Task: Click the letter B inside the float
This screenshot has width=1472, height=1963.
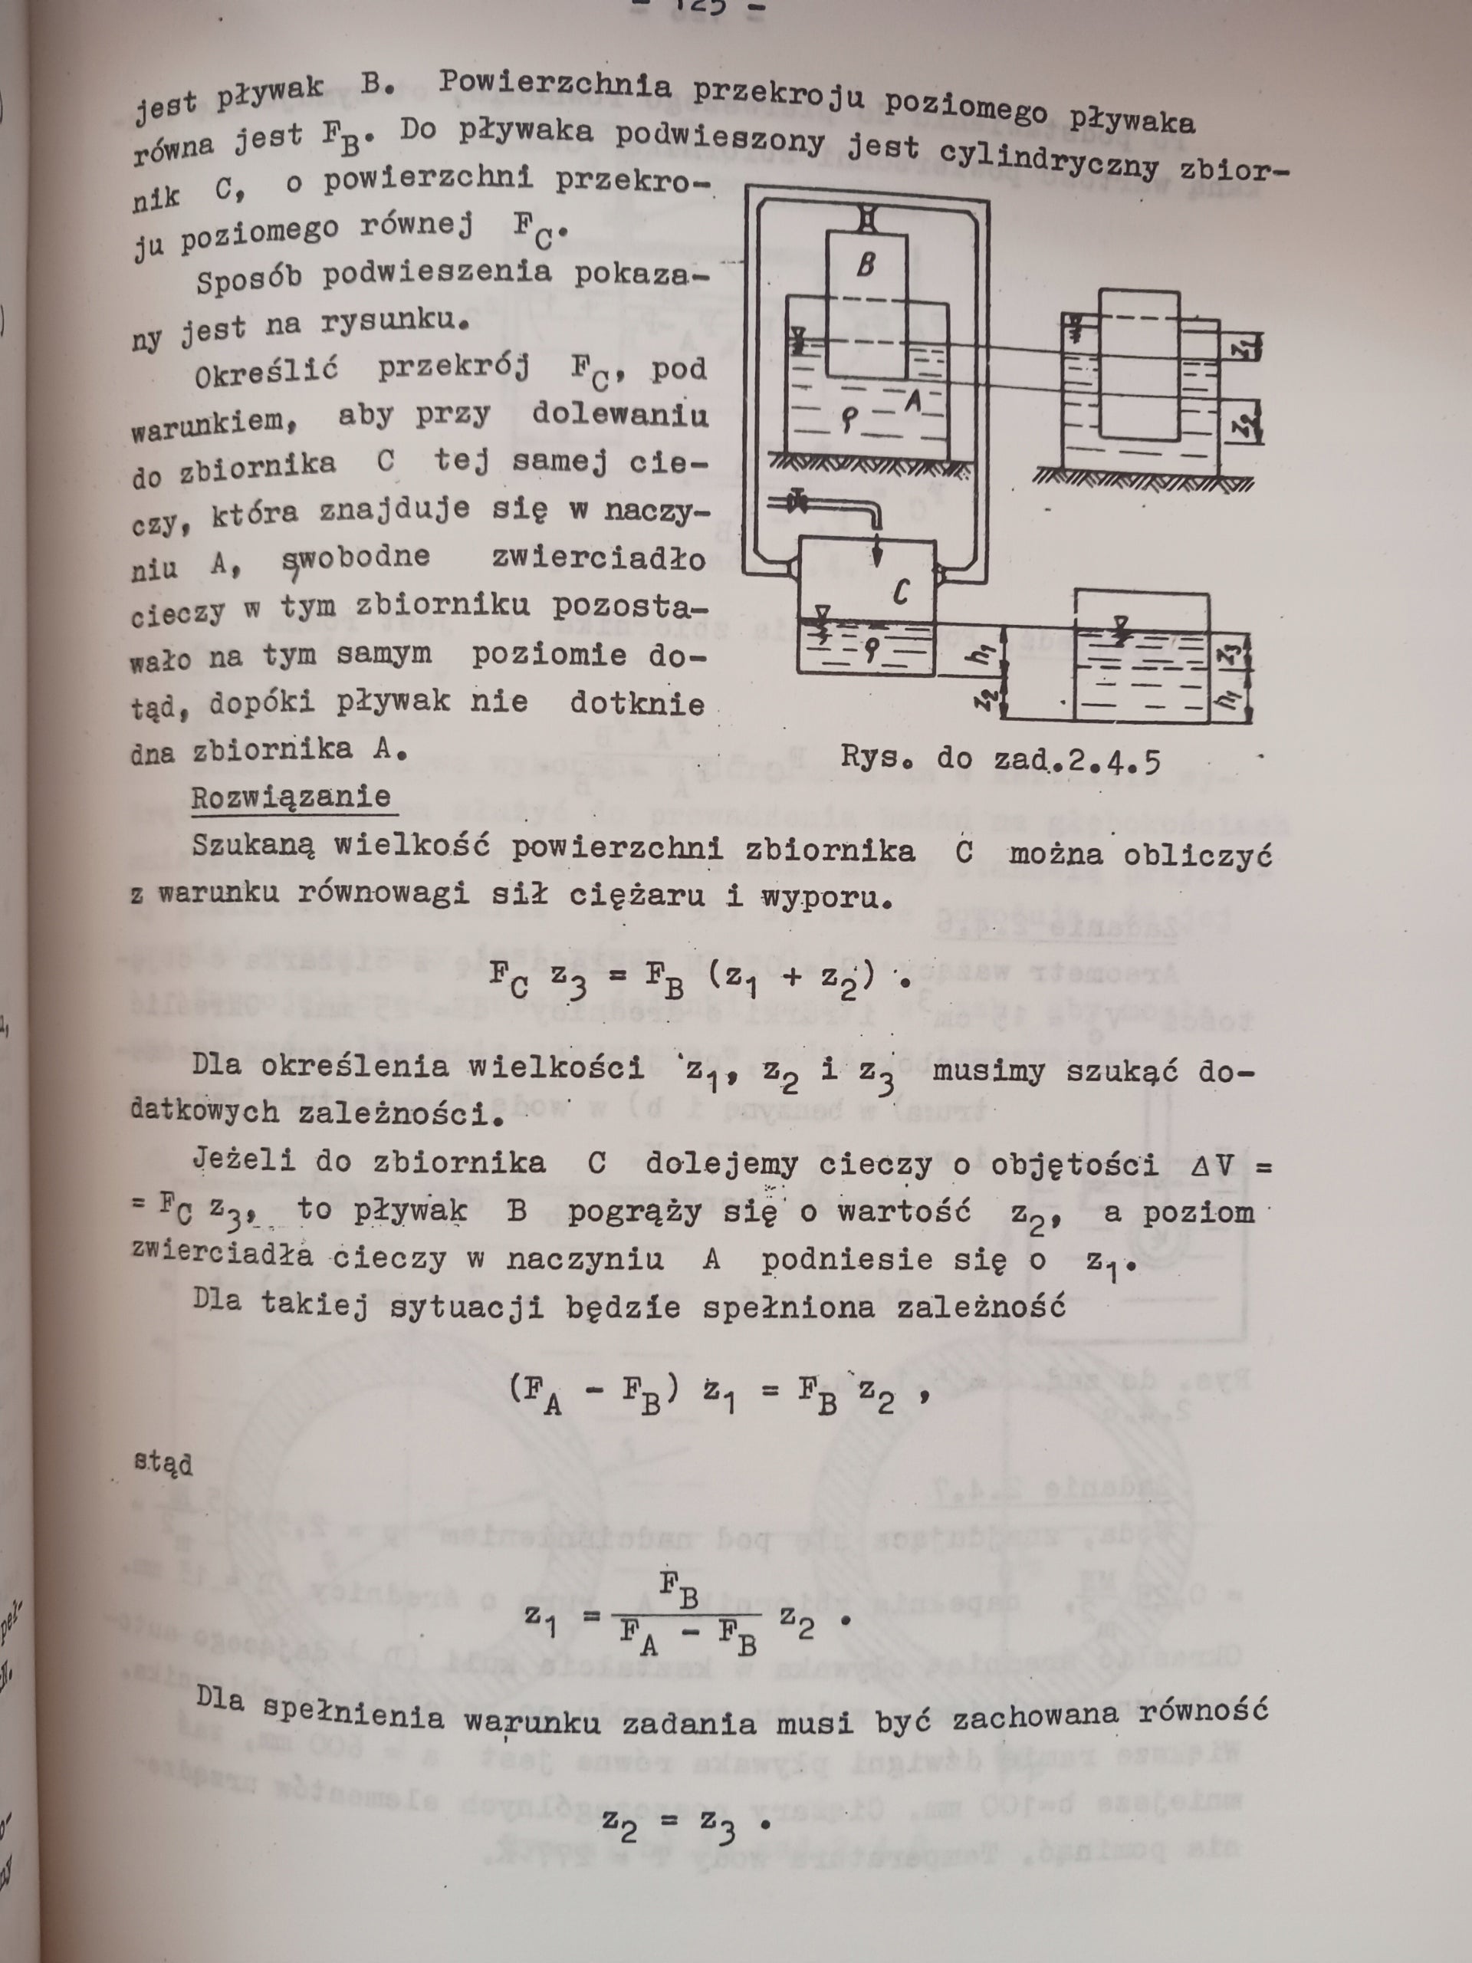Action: click(x=865, y=265)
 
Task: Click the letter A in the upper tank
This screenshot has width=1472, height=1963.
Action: click(x=913, y=402)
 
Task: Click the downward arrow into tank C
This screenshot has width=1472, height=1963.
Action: click(x=876, y=551)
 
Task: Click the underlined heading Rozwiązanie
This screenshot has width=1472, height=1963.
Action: click(x=291, y=796)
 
